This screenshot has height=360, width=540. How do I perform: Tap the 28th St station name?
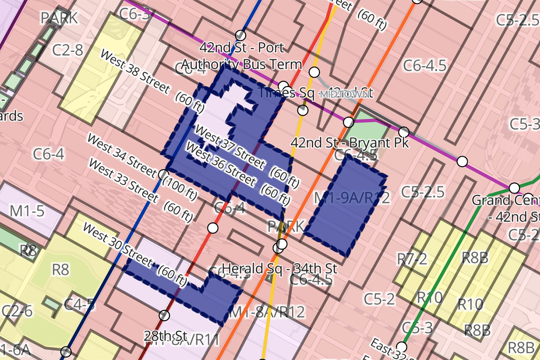pos(165,335)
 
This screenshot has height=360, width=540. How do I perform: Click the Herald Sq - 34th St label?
pos(279,268)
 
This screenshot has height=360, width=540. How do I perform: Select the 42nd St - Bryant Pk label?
pos(350,143)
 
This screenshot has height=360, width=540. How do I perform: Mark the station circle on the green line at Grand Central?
pos(514,188)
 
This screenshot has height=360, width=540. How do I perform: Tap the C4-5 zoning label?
pos(79,305)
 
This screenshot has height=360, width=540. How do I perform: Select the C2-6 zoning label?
pos(17,311)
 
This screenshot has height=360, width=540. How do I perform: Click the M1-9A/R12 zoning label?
pos(351,197)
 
